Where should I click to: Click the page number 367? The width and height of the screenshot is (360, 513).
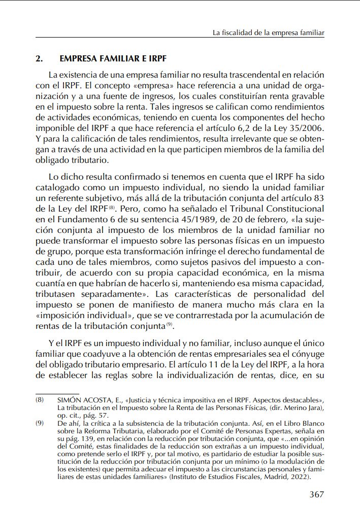tap(316, 495)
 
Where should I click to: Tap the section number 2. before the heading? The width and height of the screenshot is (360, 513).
tap(39, 58)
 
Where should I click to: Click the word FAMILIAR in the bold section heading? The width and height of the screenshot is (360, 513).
tap(114, 58)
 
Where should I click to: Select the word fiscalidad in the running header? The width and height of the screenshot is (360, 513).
tap(238, 33)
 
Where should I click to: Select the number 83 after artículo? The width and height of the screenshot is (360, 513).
tap(319, 198)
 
